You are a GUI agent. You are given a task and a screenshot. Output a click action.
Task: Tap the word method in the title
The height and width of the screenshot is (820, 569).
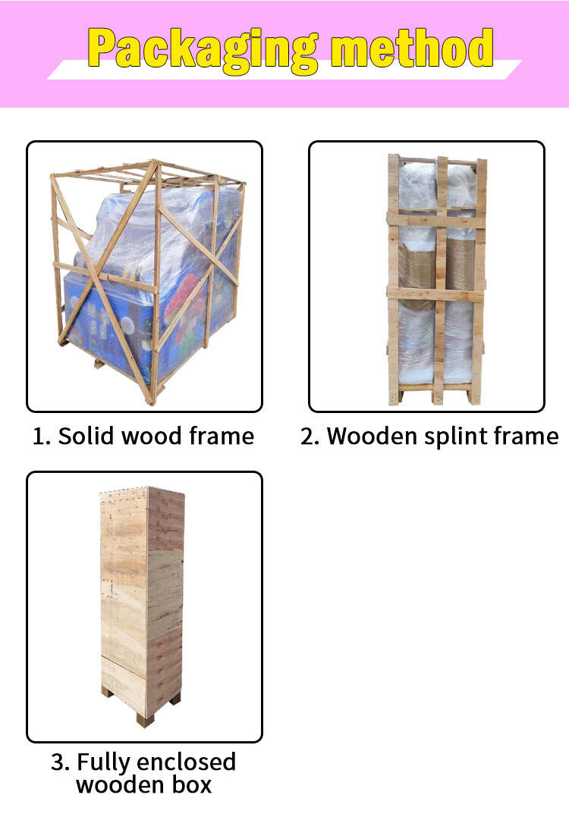point(412,48)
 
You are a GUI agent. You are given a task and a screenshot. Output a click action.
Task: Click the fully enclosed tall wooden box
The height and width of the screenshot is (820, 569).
point(142,602)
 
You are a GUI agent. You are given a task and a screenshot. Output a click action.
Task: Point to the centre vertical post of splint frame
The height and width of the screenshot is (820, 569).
point(441,280)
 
